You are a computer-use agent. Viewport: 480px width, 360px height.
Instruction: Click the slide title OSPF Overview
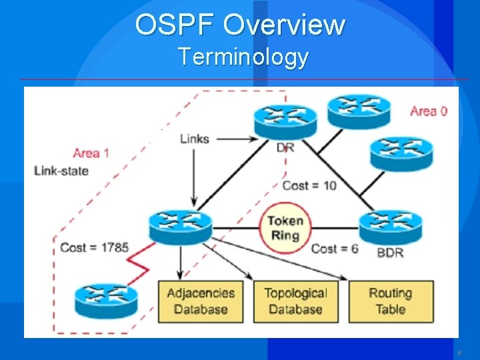coord(240,25)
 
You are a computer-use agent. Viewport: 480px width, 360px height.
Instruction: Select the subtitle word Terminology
coord(243,57)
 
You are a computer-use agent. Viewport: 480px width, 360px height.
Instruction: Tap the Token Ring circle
coord(285,228)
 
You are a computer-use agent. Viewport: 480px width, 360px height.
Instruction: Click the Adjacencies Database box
coord(201,301)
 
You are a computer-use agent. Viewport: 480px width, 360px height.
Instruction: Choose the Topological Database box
coord(295,301)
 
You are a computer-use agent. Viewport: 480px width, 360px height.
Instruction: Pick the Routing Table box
coord(391,301)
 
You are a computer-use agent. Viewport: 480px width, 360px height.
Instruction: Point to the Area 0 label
coord(428,111)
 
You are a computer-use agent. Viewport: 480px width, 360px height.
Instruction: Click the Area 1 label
coord(91,153)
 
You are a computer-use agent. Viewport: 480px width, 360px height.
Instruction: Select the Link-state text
coord(61,171)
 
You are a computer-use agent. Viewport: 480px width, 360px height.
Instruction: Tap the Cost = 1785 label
coord(94,247)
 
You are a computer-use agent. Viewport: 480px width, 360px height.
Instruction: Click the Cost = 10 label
coord(309,185)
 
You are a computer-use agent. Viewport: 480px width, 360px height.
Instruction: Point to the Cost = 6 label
coord(335,249)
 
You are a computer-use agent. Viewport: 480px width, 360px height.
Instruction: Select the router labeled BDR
coord(389,227)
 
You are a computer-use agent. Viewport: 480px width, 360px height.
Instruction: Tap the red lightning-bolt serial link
coord(141,263)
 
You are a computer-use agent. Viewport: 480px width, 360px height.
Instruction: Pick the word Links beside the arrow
coord(194,139)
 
